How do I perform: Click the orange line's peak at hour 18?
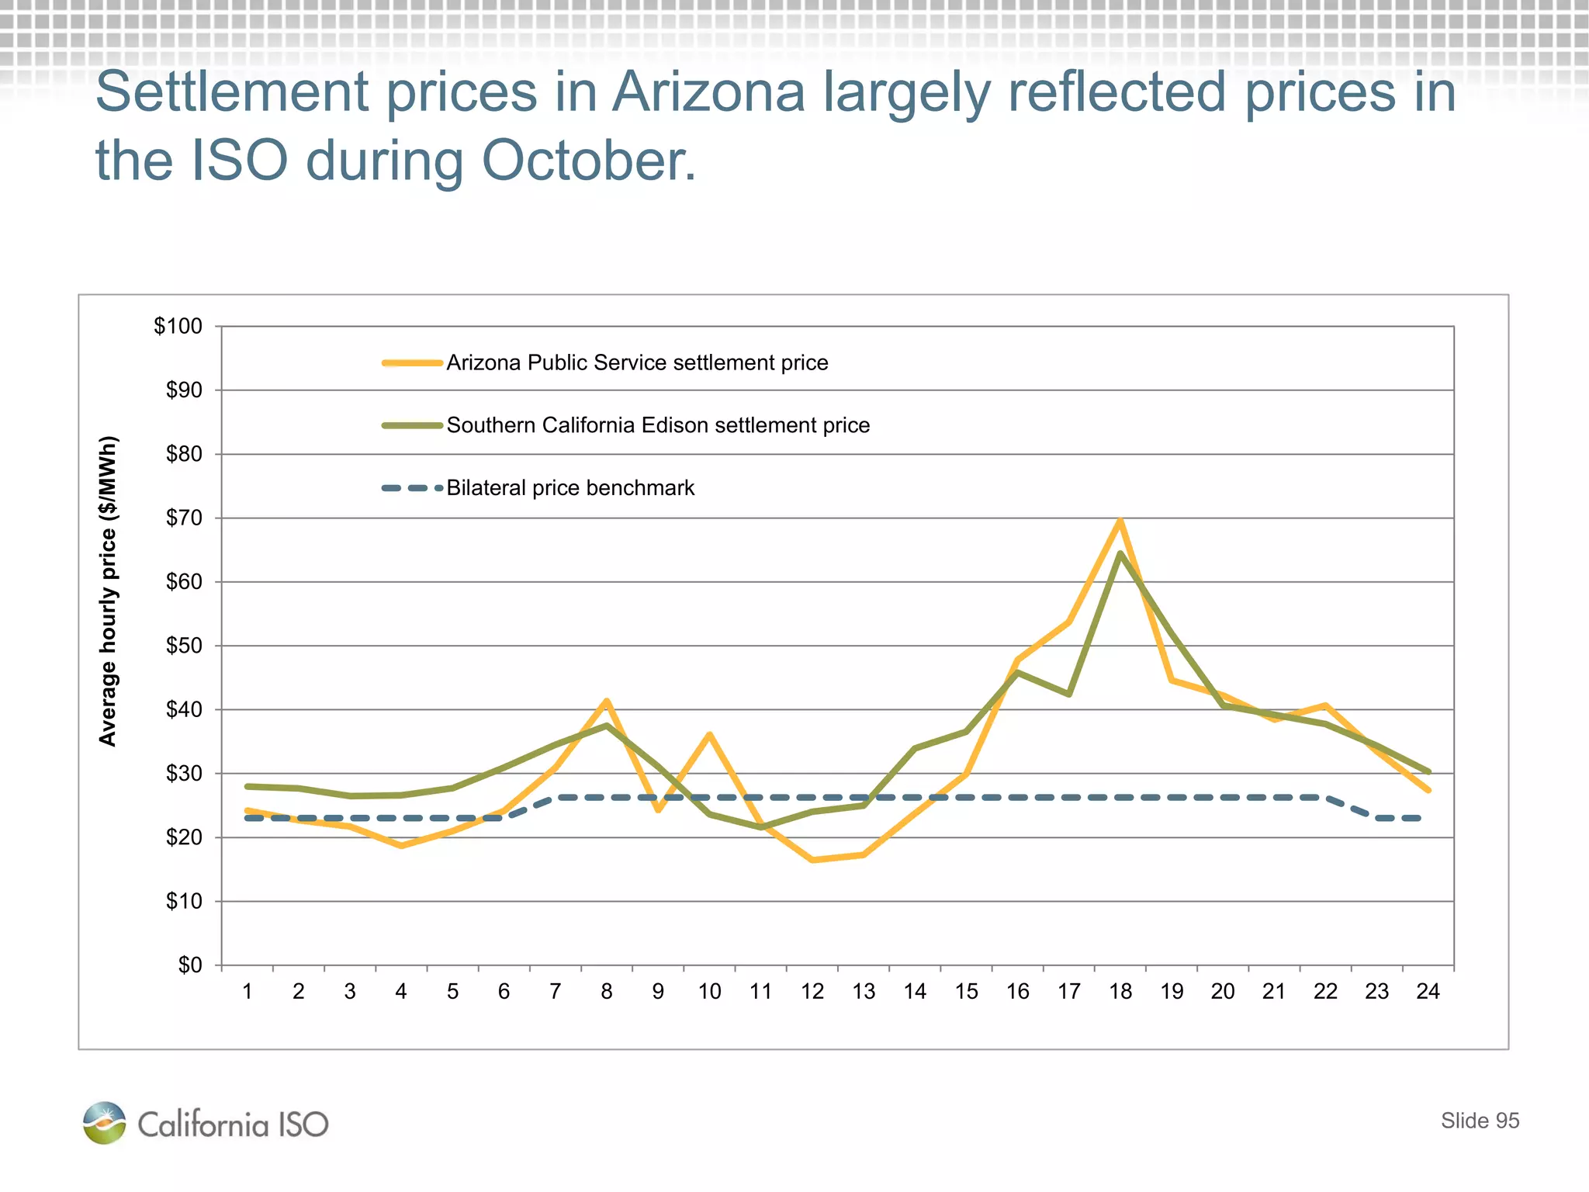pos(1120,521)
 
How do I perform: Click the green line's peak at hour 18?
pos(1120,553)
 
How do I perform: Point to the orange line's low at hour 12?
pos(812,860)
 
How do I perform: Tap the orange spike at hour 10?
pos(709,735)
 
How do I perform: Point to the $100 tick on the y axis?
pos(178,326)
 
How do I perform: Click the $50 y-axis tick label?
pos(184,646)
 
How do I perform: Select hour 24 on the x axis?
pos(1428,992)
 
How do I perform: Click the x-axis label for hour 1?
pos(247,992)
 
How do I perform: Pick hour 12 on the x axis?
pos(812,992)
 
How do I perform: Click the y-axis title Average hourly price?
pos(108,591)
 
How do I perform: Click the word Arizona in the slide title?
pos(708,93)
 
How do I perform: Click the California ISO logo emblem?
pos(104,1123)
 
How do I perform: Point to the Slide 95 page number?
pos(1480,1121)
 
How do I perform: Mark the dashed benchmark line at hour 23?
pos(1377,818)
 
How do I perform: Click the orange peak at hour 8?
pos(607,702)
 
